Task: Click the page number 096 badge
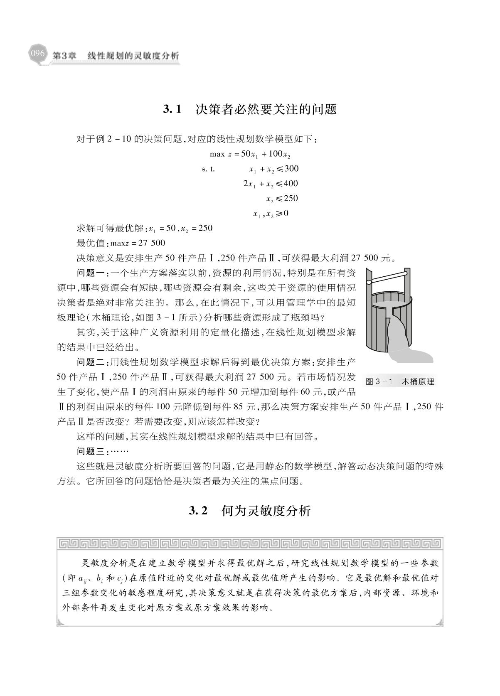tap(37, 54)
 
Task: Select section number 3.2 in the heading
tap(198, 511)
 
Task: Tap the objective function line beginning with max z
tap(250, 155)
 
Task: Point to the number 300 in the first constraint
tap(291, 169)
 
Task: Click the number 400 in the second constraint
tap(291, 184)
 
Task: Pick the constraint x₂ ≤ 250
tap(282, 199)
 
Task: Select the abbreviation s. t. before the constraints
tap(208, 169)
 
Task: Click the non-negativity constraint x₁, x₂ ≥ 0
tap(271, 214)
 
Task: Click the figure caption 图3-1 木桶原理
tap(399, 381)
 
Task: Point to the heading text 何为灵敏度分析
tap(266, 511)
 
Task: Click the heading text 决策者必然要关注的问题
tap(266, 109)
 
